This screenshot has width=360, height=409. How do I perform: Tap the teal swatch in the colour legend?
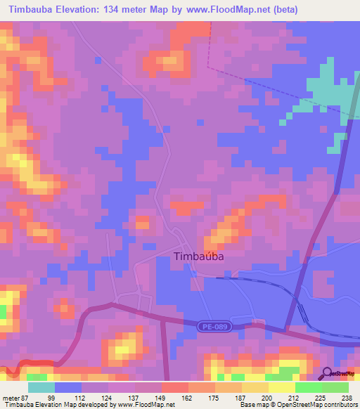tap(41, 387)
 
